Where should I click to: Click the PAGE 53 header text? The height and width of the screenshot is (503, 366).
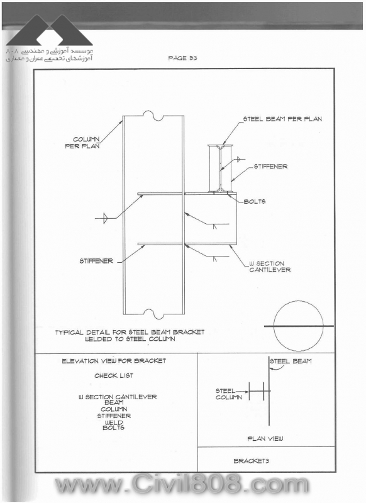tap(182, 58)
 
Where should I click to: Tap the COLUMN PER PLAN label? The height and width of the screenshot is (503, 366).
tap(82, 143)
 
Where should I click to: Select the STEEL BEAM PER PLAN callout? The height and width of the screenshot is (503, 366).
tap(282, 119)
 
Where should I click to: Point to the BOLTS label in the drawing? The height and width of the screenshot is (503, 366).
tap(254, 201)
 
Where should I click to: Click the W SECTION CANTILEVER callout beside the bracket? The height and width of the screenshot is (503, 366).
tap(270, 267)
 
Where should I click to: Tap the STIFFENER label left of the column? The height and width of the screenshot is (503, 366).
tap(96, 261)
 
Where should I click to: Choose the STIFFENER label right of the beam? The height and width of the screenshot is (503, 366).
tap(270, 167)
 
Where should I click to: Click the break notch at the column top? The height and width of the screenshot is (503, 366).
tap(152, 116)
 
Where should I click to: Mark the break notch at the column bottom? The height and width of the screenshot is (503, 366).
tap(152, 314)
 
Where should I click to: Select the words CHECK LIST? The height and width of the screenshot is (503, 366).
tap(114, 375)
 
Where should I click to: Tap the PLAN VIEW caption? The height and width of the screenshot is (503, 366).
tap(265, 438)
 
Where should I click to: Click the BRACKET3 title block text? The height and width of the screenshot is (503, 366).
tap(251, 461)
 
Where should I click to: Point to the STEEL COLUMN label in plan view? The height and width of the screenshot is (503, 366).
tap(228, 394)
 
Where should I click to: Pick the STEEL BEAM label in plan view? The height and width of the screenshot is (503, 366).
tap(291, 361)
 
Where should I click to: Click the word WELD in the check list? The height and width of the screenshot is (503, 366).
tap(114, 422)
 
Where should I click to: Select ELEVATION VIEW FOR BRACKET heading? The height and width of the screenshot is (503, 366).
tap(114, 361)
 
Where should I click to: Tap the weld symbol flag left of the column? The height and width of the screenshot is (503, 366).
tap(105, 218)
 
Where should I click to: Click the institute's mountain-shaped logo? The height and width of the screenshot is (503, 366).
tap(50, 30)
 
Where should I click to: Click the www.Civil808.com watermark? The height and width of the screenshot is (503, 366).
tap(181, 485)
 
